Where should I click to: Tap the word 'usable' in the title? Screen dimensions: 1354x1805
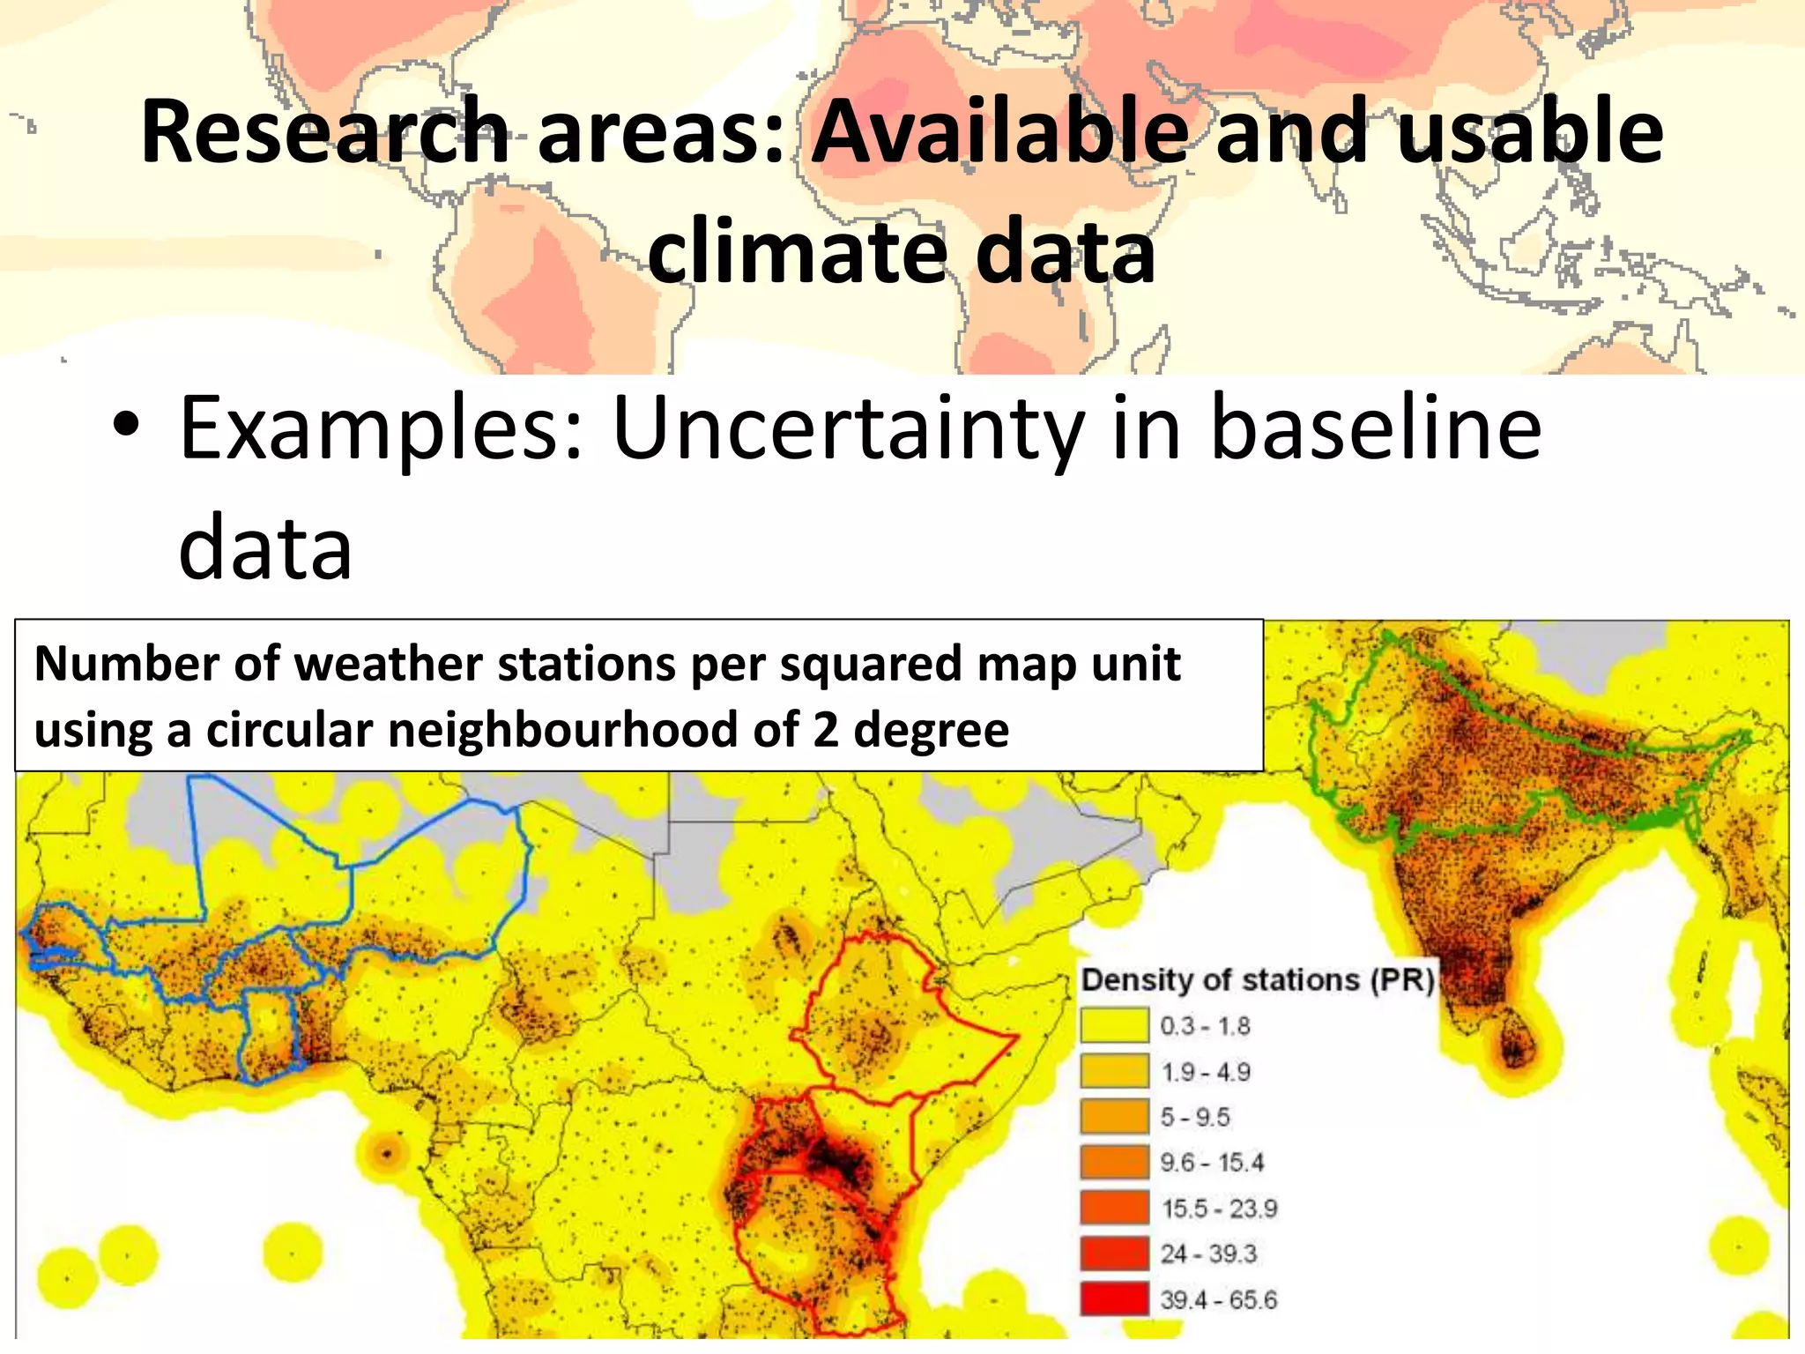[x=1530, y=132]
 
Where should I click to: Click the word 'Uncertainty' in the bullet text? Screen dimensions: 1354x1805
[x=846, y=430]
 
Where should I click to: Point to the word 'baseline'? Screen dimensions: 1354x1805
[x=1375, y=428]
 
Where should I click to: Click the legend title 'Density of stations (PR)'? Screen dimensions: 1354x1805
[x=1258, y=980]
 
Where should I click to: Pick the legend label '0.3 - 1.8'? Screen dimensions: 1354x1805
[x=1205, y=1026]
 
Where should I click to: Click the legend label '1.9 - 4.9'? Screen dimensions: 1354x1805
[x=1205, y=1072]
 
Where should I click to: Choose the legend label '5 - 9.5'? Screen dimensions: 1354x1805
[x=1194, y=1118]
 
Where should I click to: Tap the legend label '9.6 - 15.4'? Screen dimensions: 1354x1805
[x=1211, y=1163]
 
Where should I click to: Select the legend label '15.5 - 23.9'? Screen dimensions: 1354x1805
[x=1218, y=1209]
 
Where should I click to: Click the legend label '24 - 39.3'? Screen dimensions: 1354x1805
[x=1207, y=1254]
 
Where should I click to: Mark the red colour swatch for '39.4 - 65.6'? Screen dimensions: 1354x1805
[x=1115, y=1299]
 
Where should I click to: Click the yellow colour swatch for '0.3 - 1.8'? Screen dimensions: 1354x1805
[x=1115, y=1026]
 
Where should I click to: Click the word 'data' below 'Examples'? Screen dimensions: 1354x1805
[x=265, y=548]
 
